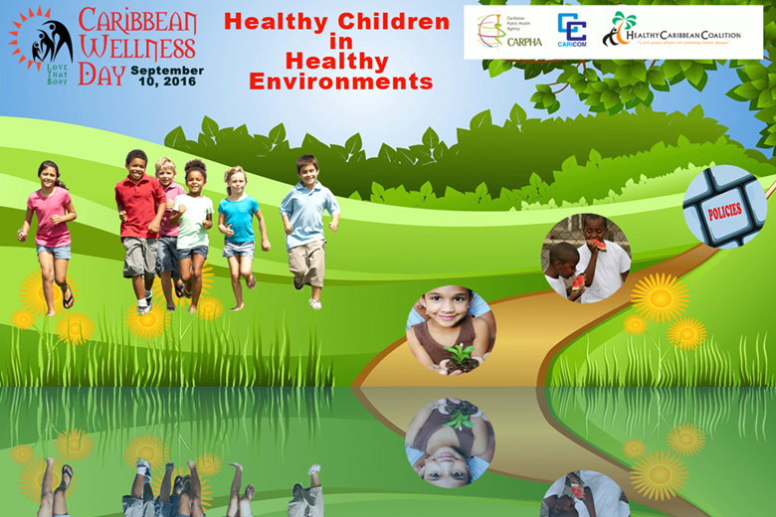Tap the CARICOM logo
click(x=572, y=30)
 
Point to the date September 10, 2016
click(x=166, y=76)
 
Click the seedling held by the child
click(x=459, y=354)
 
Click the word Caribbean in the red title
click(x=137, y=19)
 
